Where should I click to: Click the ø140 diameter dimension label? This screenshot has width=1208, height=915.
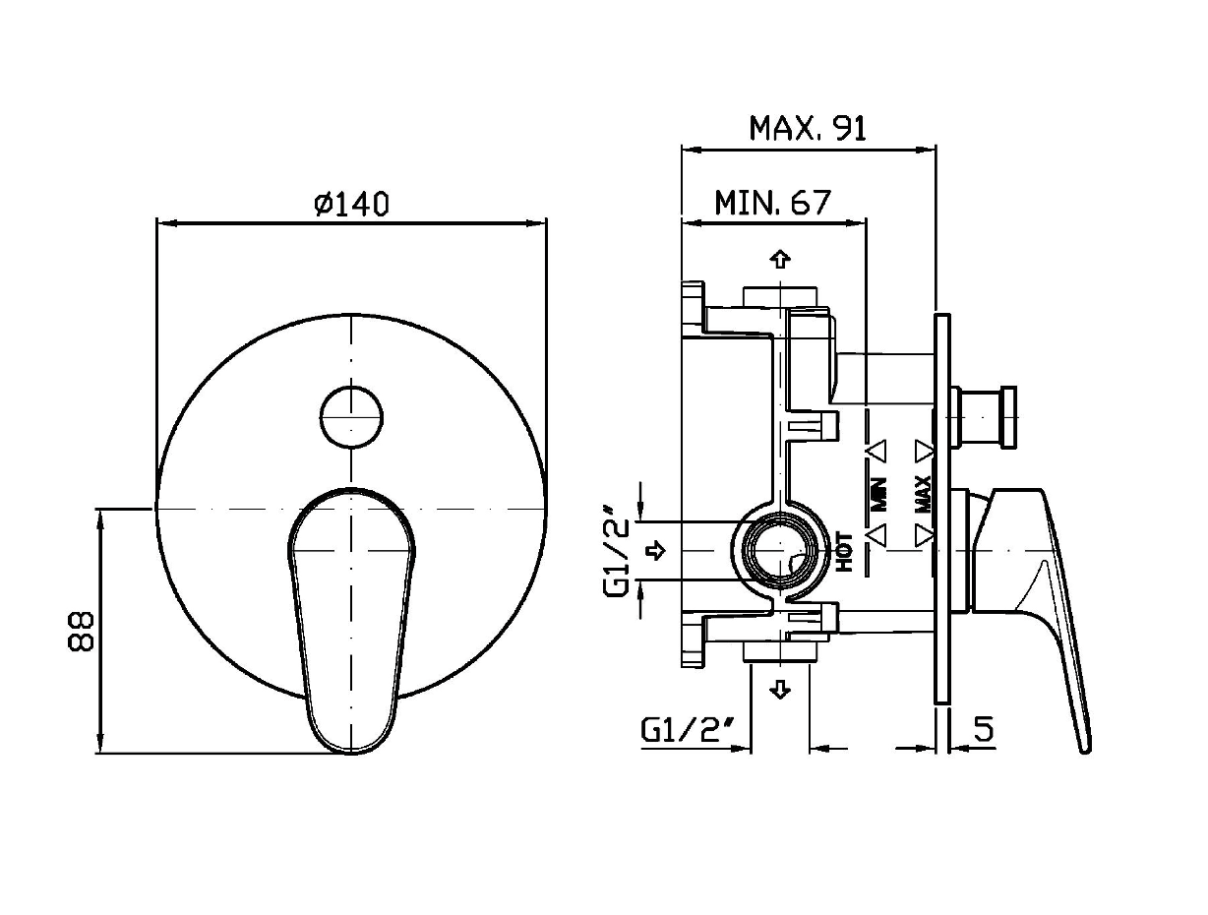pyautogui.click(x=351, y=204)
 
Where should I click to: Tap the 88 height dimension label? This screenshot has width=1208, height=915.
pyautogui.click(x=82, y=631)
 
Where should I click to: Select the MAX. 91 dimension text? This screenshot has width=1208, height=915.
pyautogui.click(x=808, y=129)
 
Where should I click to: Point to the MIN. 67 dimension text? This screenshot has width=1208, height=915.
pyautogui.click(x=772, y=203)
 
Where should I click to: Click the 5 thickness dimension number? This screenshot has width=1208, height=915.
pyautogui.click(x=983, y=729)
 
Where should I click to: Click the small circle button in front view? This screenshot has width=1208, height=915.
pyautogui.click(x=351, y=415)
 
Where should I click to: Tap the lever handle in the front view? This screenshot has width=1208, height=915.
pyautogui.click(x=351, y=620)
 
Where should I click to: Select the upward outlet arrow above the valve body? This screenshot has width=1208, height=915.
pyautogui.click(x=780, y=260)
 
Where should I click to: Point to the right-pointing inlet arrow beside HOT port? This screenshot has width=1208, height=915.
pyautogui.click(x=655, y=551)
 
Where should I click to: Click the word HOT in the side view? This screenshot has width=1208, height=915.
pyautogui.click(x=845, y=551)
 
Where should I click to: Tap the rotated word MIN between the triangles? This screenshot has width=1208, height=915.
pyautogui.click(x=878, y=493)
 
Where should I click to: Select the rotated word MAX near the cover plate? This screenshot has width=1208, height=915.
pyautogui.click(x=924, y=493)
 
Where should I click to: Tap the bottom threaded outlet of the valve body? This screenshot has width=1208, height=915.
pyautogui.click(x=780, y=652)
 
